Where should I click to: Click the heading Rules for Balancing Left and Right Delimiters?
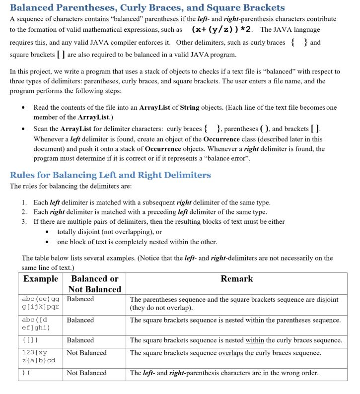point(110,175)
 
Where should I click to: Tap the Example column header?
point(41,279)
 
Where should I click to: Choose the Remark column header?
point(236,279)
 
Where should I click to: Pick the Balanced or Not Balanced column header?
point(94,284)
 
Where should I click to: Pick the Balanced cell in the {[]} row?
point(80,340)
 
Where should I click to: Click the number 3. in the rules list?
point(24,221)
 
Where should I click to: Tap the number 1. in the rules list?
point(24,202)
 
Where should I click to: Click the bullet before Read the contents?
point(24,108)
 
